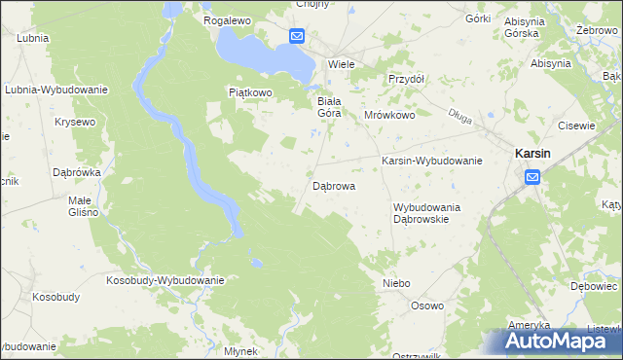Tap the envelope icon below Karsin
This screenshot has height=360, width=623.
532,176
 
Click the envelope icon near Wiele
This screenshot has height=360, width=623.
297,37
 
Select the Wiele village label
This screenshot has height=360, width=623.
341,63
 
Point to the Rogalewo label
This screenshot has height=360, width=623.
228,19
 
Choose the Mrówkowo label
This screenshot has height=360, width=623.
389,114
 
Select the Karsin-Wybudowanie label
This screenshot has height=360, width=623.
432,161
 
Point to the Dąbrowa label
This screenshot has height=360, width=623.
333,185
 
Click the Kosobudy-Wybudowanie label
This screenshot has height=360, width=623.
165,280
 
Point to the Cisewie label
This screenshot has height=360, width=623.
576,126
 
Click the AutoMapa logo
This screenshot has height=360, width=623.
559,341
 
